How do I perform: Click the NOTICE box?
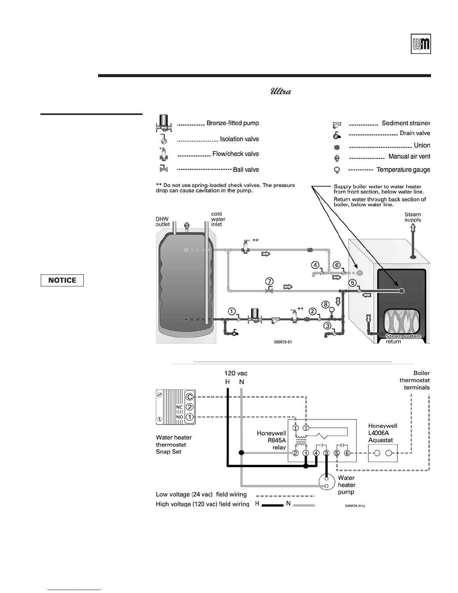point(62,280)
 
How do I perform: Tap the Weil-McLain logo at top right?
point(421,44)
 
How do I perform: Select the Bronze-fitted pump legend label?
point(232,123)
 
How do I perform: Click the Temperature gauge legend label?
point(403,170)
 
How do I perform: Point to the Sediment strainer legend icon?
point(337,125)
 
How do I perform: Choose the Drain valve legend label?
point(415,133)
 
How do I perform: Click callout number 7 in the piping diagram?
point(269,281)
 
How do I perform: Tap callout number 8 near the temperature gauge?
point(326,304)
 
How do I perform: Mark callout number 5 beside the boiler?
point(352,283)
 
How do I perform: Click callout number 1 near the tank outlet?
point(232,311)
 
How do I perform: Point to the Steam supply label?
point(413,217)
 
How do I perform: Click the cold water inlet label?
point(218,219)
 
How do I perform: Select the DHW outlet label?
point(162,222)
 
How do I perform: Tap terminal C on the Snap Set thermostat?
point(190,397)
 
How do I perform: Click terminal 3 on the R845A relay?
point(326,453)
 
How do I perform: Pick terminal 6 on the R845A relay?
point(347,453)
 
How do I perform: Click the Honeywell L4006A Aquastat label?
point(382,433)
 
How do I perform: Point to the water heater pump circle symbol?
point(326,482)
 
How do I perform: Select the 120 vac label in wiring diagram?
point(236,373)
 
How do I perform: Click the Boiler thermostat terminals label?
point(415,380)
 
